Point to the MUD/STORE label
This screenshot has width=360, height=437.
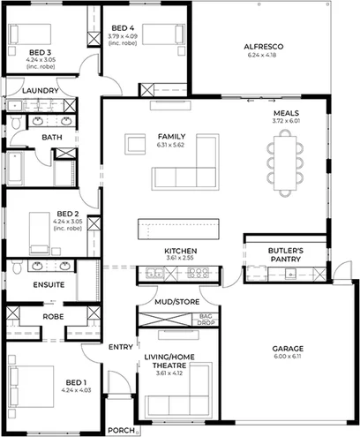[176, 301]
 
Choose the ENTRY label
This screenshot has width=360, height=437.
[120, 347]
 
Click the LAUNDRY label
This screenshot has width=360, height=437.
[41, 91]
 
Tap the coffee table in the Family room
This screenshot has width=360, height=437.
[135, 144]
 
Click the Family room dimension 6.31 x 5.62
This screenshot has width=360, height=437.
[171, 147]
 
